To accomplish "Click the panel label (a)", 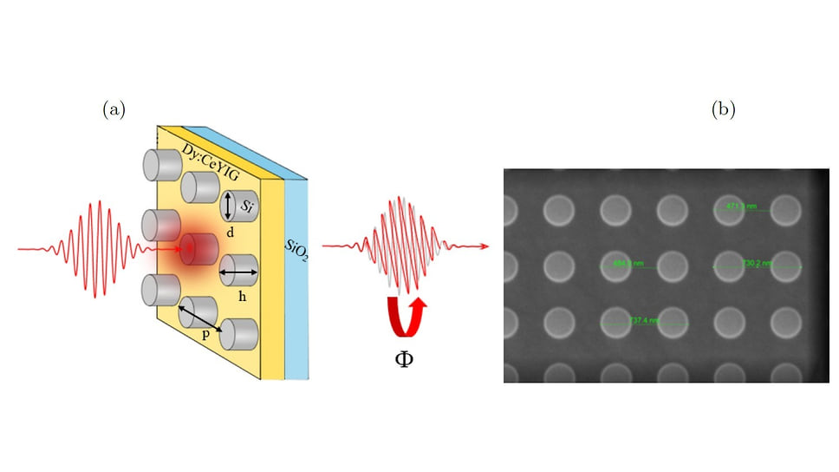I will pos(114,109).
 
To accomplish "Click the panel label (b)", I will pos(723,109).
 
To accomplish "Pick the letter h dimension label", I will pos(242,296).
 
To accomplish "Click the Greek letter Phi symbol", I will pos(403,356).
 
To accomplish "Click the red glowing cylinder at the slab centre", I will pos(198,250).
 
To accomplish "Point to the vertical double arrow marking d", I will pos(227,206).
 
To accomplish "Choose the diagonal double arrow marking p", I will pos(201,318).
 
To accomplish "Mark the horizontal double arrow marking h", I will pos(240,273).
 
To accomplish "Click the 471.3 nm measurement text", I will pos(742,206).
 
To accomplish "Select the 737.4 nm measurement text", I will pos(645,320).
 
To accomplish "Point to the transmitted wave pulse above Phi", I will pos(402,247).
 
